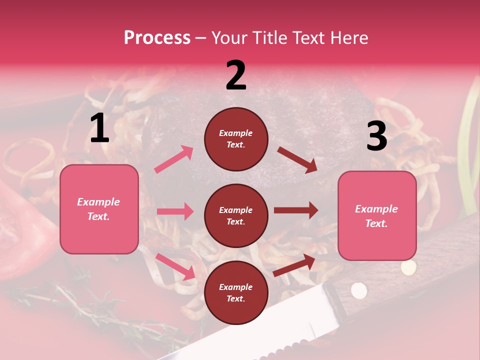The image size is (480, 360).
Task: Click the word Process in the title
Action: (157, 38)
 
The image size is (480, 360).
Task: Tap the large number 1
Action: (99, 128)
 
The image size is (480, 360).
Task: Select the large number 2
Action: (236, 75)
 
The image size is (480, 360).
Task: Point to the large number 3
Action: (376, 136)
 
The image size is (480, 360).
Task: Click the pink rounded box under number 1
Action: (99, 209)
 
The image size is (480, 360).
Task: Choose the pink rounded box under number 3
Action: (377, 215)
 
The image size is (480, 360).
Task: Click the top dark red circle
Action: (236, 139)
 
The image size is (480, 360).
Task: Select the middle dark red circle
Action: (236, 215)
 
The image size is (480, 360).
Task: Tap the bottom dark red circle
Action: (236, 292)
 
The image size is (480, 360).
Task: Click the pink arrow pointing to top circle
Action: (174, 159)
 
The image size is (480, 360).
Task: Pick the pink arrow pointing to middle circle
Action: (175, 211)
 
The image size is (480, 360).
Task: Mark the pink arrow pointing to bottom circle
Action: (175, 266)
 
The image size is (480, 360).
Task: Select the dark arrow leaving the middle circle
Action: (296, 210)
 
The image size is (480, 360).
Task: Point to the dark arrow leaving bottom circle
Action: (294, 265)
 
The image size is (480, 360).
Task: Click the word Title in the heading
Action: (270, 38)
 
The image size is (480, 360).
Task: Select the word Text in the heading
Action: (308, 38)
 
